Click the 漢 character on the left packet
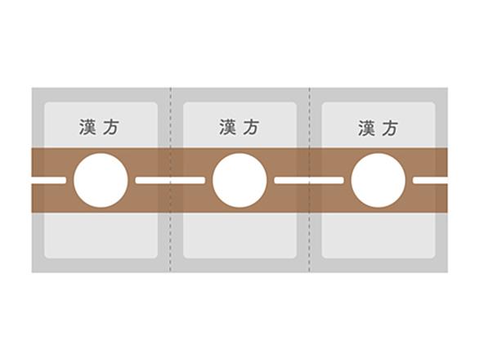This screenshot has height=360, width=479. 87,127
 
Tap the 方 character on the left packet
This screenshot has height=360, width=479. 110,127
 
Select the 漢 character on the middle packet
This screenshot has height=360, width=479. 227,127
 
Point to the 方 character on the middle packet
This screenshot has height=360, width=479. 251,127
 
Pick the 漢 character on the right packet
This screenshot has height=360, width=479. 366,128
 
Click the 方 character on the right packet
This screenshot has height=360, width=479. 390,128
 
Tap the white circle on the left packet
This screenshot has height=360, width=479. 101,181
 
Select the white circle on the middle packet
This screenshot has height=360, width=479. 239,181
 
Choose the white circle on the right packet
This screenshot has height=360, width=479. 378,181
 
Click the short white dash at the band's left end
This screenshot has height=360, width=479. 48,181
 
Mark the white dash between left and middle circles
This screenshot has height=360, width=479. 170,181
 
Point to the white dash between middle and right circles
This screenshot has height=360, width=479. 309,181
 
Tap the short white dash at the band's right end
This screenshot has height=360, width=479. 431,181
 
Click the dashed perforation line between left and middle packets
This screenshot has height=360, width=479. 171,180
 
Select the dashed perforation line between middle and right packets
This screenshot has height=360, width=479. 310,180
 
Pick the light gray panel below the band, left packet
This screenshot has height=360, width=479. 101,236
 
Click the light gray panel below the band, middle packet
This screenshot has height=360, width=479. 239,236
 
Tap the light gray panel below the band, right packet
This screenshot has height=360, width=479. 378,236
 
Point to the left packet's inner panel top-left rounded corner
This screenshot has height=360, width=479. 46,103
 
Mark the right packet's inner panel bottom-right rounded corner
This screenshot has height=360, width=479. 434,257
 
